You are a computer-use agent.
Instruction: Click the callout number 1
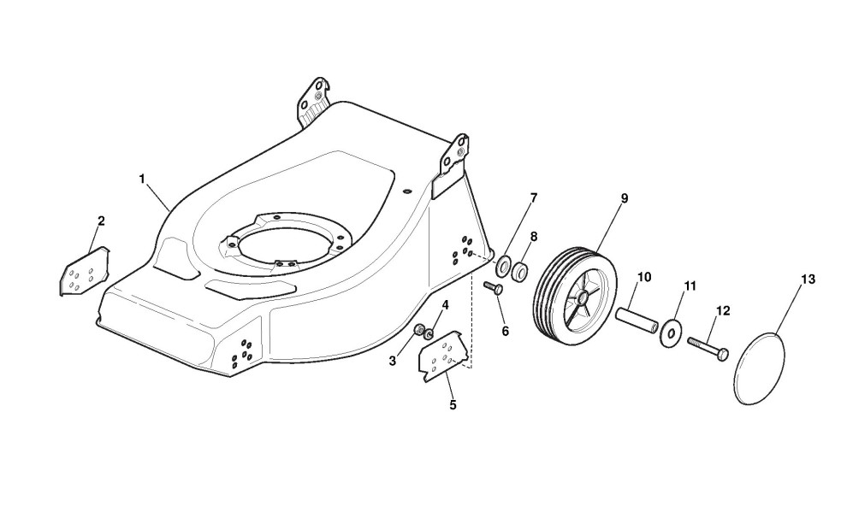(142, 179)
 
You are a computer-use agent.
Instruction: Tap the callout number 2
(101, 221)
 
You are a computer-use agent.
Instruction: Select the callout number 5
(453, 404)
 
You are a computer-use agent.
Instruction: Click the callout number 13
(808, 280)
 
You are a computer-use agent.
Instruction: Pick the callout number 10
(644, 277)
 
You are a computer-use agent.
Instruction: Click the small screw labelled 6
(495, 288)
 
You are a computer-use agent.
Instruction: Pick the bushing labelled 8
(520, 272)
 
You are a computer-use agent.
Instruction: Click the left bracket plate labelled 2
(82, 273)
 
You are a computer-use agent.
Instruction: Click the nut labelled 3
(419, 331)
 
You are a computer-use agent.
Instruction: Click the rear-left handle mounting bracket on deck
(314, 100)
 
